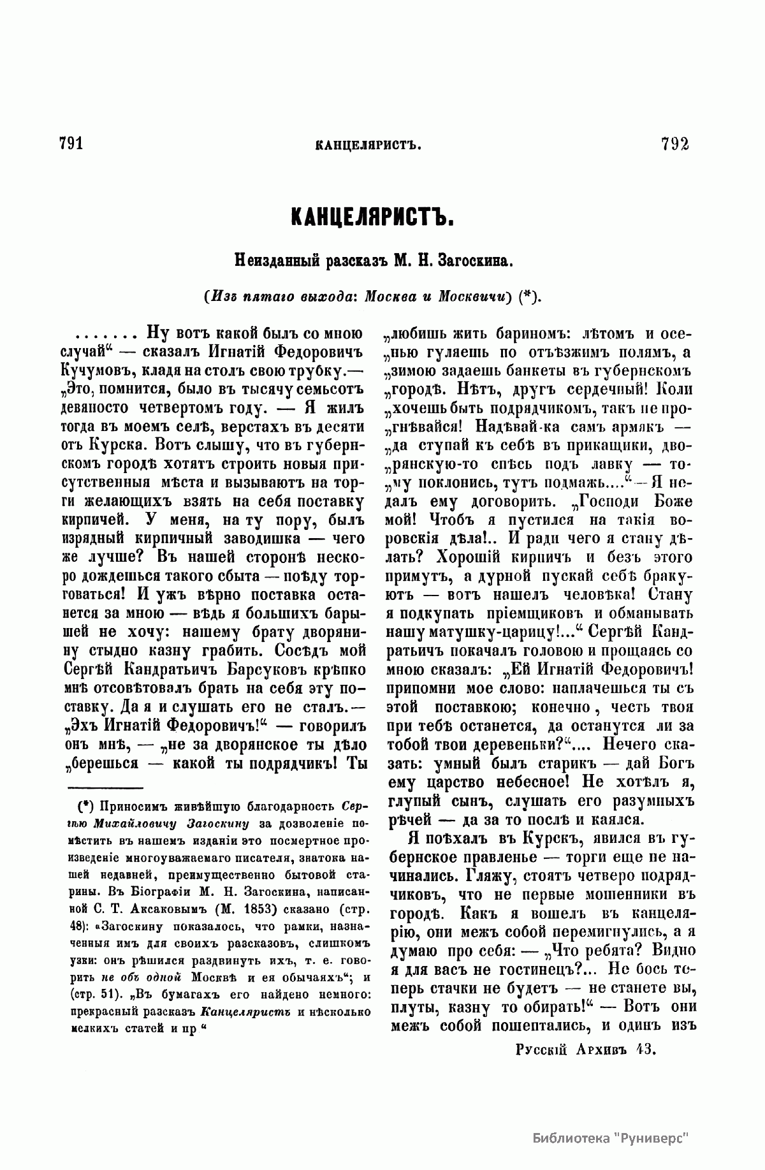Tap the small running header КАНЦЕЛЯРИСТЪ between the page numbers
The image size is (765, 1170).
tap(370, 145)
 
